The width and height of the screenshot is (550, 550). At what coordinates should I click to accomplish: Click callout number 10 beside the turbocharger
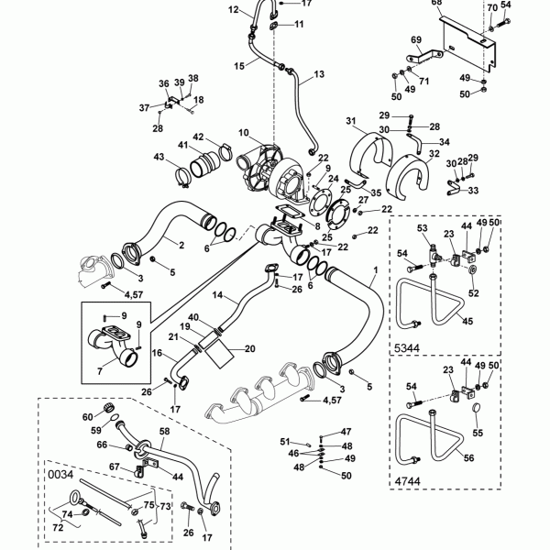244,133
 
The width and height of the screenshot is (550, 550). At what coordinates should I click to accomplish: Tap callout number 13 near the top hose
320,73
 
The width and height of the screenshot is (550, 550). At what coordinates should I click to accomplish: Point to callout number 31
350,120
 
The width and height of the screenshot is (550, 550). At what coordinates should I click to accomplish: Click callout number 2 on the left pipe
181,245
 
